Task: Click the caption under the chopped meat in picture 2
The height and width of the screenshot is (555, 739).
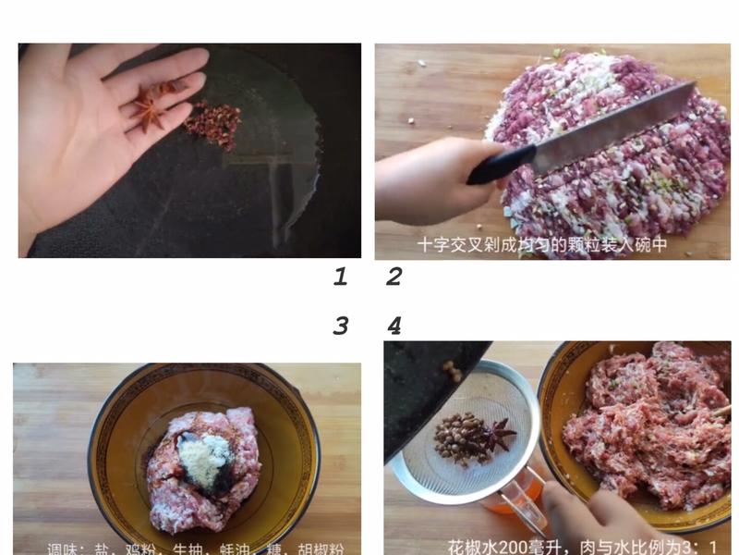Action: click(x=541, y=246)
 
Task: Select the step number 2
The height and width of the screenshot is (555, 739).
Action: click(x=394, y=276)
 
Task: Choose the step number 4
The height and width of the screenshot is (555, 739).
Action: click(x=394, y=326)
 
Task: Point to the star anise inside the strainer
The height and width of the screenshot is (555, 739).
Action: click(x=498, y=433)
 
